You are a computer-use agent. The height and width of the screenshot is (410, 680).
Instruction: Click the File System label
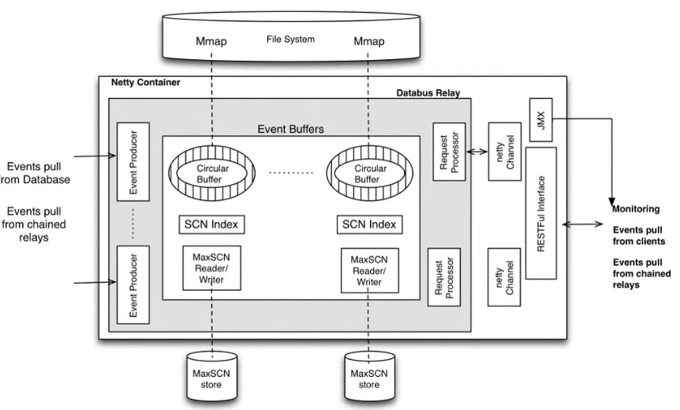pos(290,39)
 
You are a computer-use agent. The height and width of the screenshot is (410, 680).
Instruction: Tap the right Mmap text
pos(368,41)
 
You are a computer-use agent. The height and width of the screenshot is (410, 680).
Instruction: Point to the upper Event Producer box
pos(133,161)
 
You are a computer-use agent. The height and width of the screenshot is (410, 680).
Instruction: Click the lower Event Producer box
pos(133,284)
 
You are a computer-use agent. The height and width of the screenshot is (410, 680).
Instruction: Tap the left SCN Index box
pos(212,224)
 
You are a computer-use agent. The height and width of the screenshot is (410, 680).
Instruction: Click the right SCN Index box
pos(368,224)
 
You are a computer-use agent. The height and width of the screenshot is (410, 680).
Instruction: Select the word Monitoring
pos(636,209)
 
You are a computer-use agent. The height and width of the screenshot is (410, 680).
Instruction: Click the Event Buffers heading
pos(291,128)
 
